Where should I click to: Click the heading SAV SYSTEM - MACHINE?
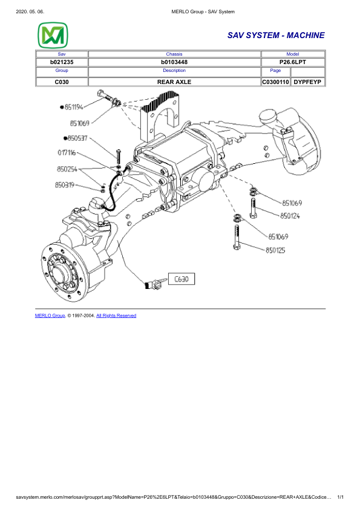(276, 36)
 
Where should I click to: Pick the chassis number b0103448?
(174, 62)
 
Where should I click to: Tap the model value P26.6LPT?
(292, 62)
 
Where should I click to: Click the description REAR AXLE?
(174, 81)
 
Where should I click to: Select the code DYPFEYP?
(309, 81)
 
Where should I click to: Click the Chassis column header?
(174, 54)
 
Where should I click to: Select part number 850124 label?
(291, 215)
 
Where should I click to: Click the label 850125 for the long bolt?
(276, 250)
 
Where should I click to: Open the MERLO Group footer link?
(50, 316)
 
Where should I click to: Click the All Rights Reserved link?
(116, 316)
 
